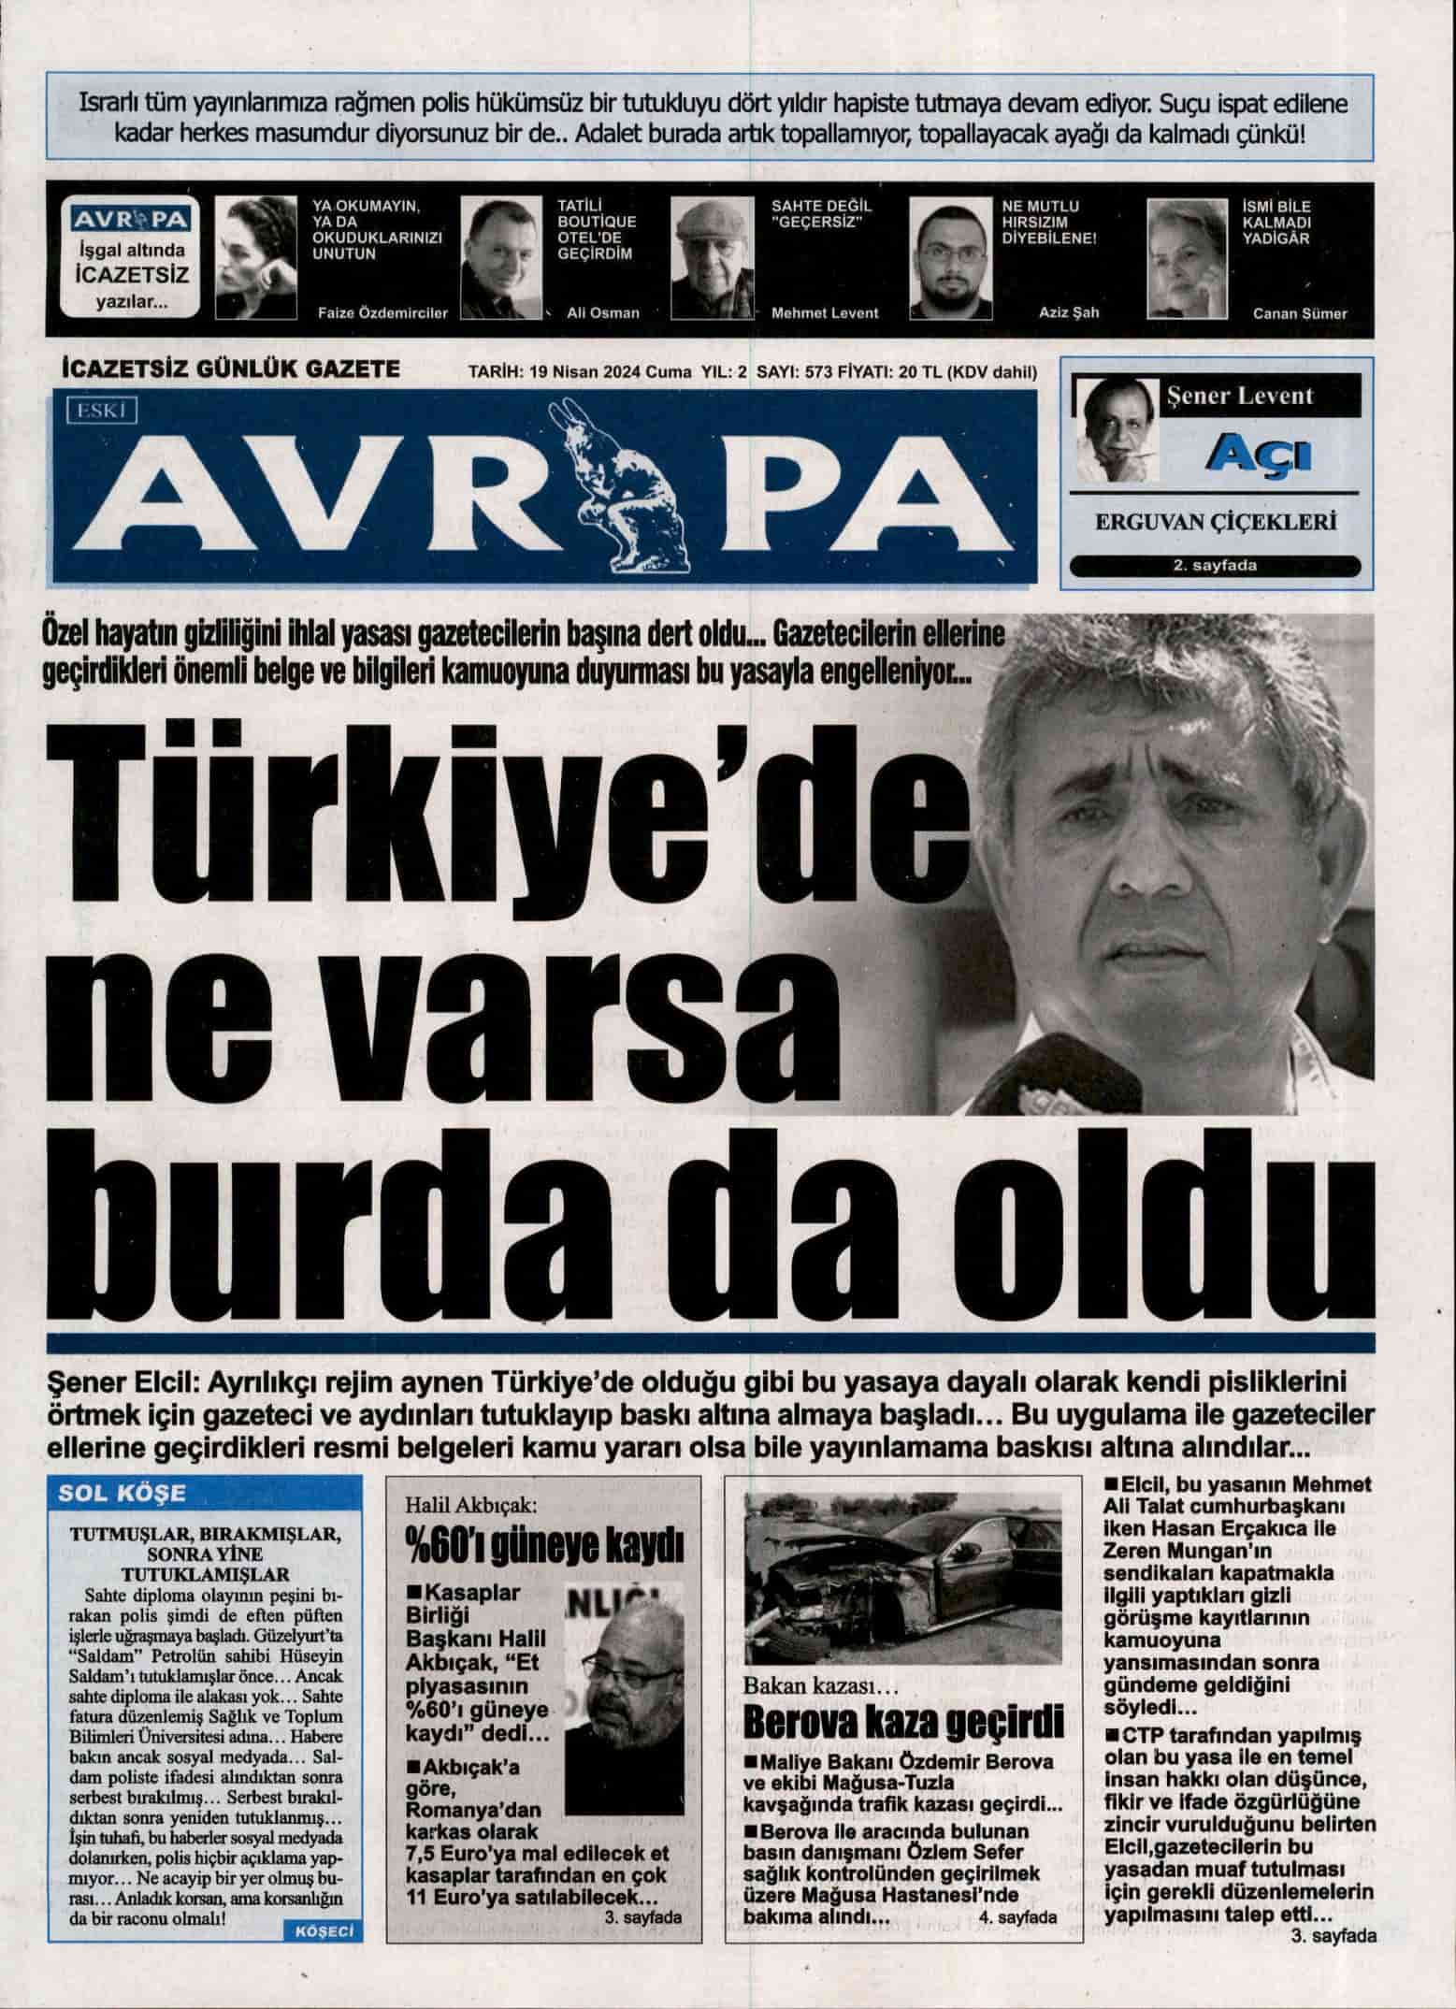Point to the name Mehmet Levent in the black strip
[x=824, y=312]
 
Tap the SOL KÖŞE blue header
[x=123, y=1494]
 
